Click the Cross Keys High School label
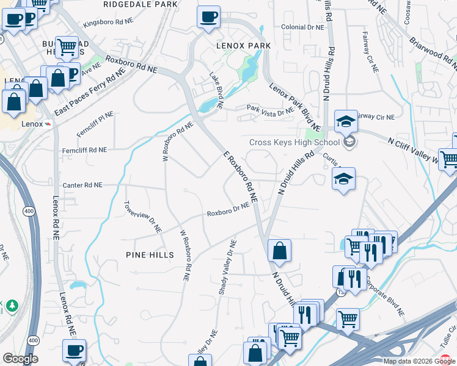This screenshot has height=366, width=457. click(x=294, y=143)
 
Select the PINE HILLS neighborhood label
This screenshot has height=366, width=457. click(x=150, y=254)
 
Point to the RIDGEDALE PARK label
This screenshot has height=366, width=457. click(x=141, y=4)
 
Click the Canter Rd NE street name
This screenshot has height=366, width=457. click(x=82, y=184)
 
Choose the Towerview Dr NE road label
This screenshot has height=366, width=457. click(x=142, y=217)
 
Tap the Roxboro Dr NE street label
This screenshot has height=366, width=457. click(x=228, y=210)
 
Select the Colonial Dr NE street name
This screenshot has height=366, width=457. click(x=302, y=27)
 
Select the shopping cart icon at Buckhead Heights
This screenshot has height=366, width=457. click(x=67, y=47)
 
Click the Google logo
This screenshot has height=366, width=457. click(x=20, y=359)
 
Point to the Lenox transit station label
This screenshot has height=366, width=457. click(x=34, y=124)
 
